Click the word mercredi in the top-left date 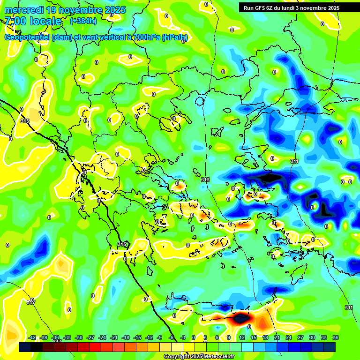click(x=23, y=9)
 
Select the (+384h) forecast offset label click(x=83, y=21)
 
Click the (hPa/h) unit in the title click(x=174, y=37)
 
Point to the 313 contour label click(x=205, y=180)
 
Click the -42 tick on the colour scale click(x=32, y=337)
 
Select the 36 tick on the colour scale click(x=336, y=337)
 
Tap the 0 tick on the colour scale click(x=194, y=337)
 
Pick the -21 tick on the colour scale click(x=114, y=337)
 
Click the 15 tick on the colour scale click(x=254, y=337)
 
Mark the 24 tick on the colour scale click(x=289, y=337)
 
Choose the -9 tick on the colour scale click(x=160, y=337)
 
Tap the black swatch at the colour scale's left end click(x=25, y=347)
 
